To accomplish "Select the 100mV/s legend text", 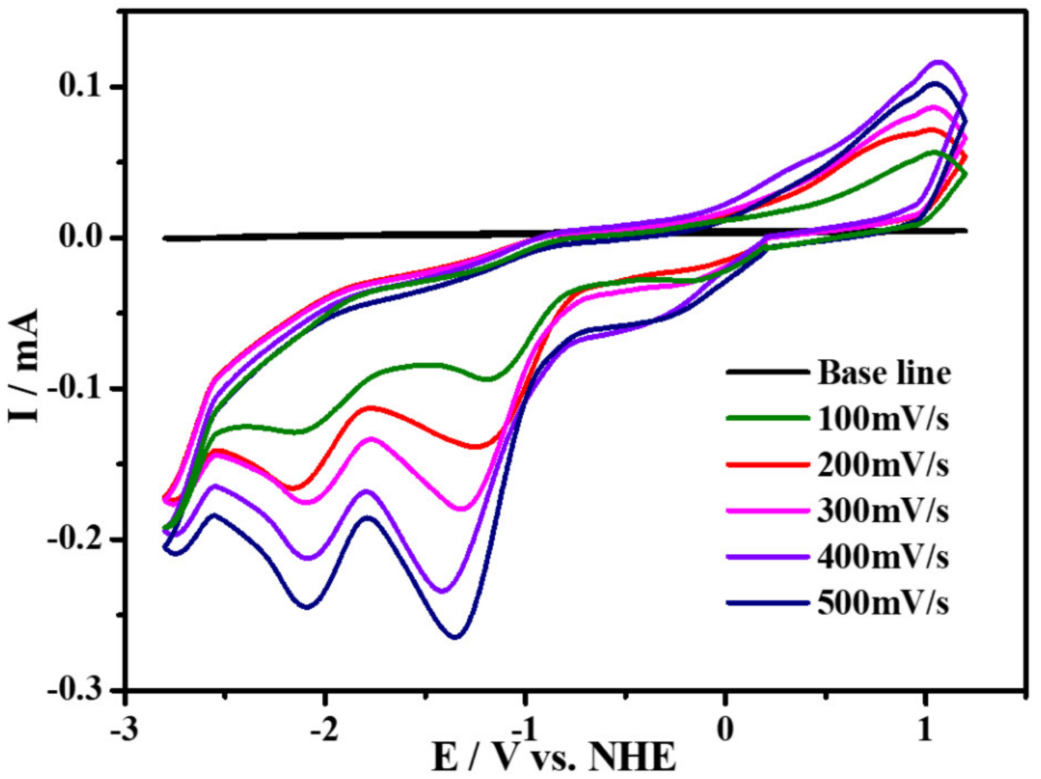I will tap(883, 419).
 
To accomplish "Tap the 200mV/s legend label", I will tap(883, 465).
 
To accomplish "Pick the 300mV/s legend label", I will tap(883, 511).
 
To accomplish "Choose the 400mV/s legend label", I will tap(883, 557).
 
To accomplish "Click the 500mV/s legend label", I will tap(883, 603).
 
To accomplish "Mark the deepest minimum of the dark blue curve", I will tap(455, 637).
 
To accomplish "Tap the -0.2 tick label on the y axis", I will tap(74, 540).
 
